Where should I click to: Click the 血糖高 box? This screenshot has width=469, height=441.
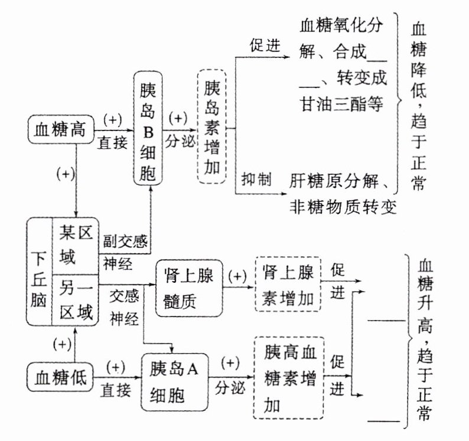61,129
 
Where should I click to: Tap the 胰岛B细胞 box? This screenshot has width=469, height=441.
148,128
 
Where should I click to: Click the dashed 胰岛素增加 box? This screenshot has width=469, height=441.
212,128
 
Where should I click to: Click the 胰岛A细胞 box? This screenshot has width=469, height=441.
175,382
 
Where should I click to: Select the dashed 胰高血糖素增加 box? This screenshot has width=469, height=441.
288,378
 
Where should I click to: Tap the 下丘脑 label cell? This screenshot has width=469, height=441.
40,271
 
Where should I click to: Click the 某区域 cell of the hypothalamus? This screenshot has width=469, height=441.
77,246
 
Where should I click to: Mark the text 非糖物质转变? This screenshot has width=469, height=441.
342,206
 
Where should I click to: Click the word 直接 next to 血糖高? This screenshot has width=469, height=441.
112,142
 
